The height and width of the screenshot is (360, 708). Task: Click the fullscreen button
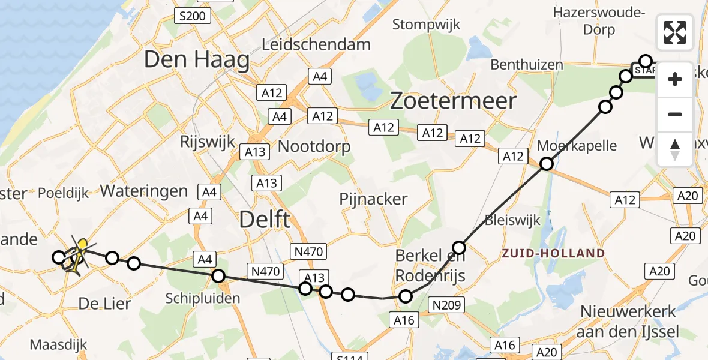click(x=675, y=32)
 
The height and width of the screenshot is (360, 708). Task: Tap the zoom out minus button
click(x=675, y=114)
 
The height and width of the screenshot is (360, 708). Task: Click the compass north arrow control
click(x=675, y=149)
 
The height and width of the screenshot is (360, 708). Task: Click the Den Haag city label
click(x=197, y=60)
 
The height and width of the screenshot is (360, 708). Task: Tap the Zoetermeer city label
click(x=453, y=101)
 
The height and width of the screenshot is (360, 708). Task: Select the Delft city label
click(x=265, y=220)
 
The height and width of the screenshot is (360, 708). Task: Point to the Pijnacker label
click(x=373, y=199)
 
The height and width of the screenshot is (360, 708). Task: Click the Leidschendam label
click(x=317, y=44)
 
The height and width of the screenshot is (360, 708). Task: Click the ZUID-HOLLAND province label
click(x=554, y=253)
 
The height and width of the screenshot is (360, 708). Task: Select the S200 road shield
click(x=192, y=16)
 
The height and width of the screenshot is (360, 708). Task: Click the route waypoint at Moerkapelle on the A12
click(x=546, y=163)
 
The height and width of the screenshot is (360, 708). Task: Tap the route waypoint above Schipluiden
click(x=218, y=276)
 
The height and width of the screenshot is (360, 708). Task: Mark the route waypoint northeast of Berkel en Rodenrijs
click(x=459, y=247)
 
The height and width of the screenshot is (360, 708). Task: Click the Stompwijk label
click(x=426, y=25)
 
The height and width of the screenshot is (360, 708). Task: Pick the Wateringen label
click(x=144, y=191)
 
